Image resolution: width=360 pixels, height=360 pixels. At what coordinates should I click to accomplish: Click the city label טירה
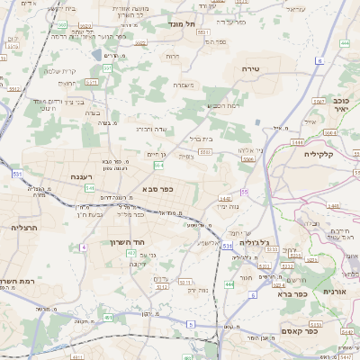coord(251,68)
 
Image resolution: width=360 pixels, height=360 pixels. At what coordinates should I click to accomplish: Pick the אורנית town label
coord(346,292)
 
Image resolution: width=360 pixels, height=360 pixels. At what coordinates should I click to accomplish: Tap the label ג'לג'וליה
coord(263,243)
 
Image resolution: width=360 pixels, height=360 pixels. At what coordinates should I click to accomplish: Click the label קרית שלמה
coord(62,71)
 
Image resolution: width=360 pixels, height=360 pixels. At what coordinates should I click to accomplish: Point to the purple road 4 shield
coord(83,246)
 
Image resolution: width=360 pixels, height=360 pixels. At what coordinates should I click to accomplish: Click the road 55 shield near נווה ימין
coord(245,193)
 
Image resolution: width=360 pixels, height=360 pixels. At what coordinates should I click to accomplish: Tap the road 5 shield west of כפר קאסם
coord(190,323)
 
